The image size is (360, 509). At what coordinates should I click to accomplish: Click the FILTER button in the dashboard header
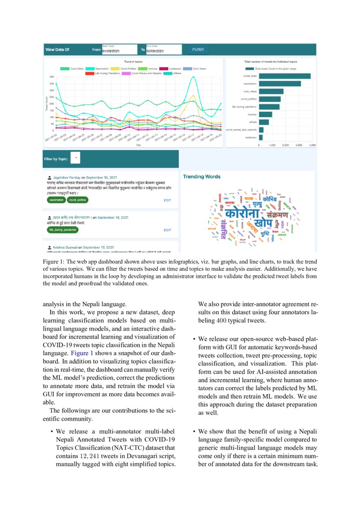coord(198,50)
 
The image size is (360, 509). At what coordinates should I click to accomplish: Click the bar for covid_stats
coord(285,76)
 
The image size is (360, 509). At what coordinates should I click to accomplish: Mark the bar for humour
coord(266,115)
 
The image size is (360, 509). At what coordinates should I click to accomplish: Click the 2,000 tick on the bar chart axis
coord(286,145)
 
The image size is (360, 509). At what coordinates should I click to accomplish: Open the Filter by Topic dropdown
coord(75,158)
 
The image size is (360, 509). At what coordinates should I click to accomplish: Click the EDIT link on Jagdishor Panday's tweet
coord(168,200)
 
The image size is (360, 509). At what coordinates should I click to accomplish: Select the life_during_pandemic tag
coord(64,229)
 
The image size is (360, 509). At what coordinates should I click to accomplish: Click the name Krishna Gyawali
coord(65,247)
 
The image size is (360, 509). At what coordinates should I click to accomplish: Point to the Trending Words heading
coord(202,177)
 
